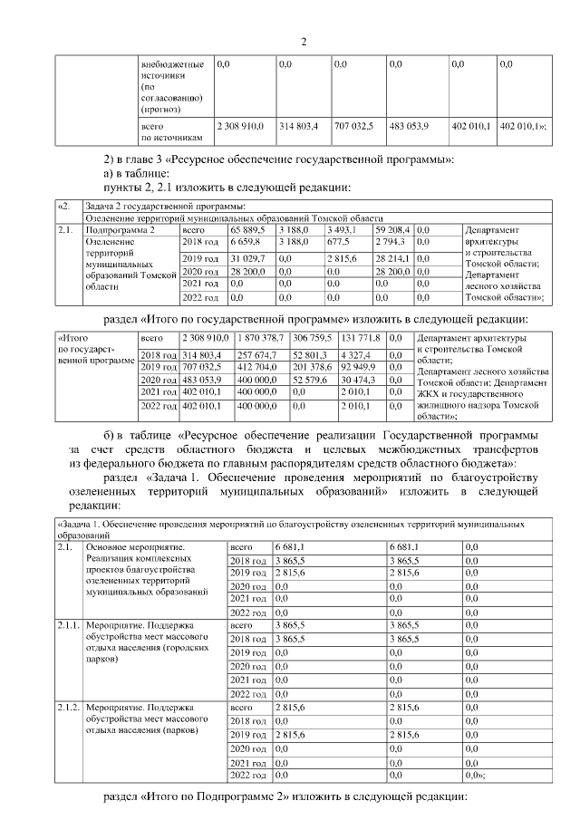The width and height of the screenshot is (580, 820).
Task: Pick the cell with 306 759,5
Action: tap(311, 337)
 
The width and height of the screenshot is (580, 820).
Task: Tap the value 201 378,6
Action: tap(312, 367)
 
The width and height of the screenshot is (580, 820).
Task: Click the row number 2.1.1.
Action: tap(68, 625)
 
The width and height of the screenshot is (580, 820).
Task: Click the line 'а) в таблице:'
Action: tap(138, 173)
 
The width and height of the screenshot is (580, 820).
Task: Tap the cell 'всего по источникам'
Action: tap(163, 132)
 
